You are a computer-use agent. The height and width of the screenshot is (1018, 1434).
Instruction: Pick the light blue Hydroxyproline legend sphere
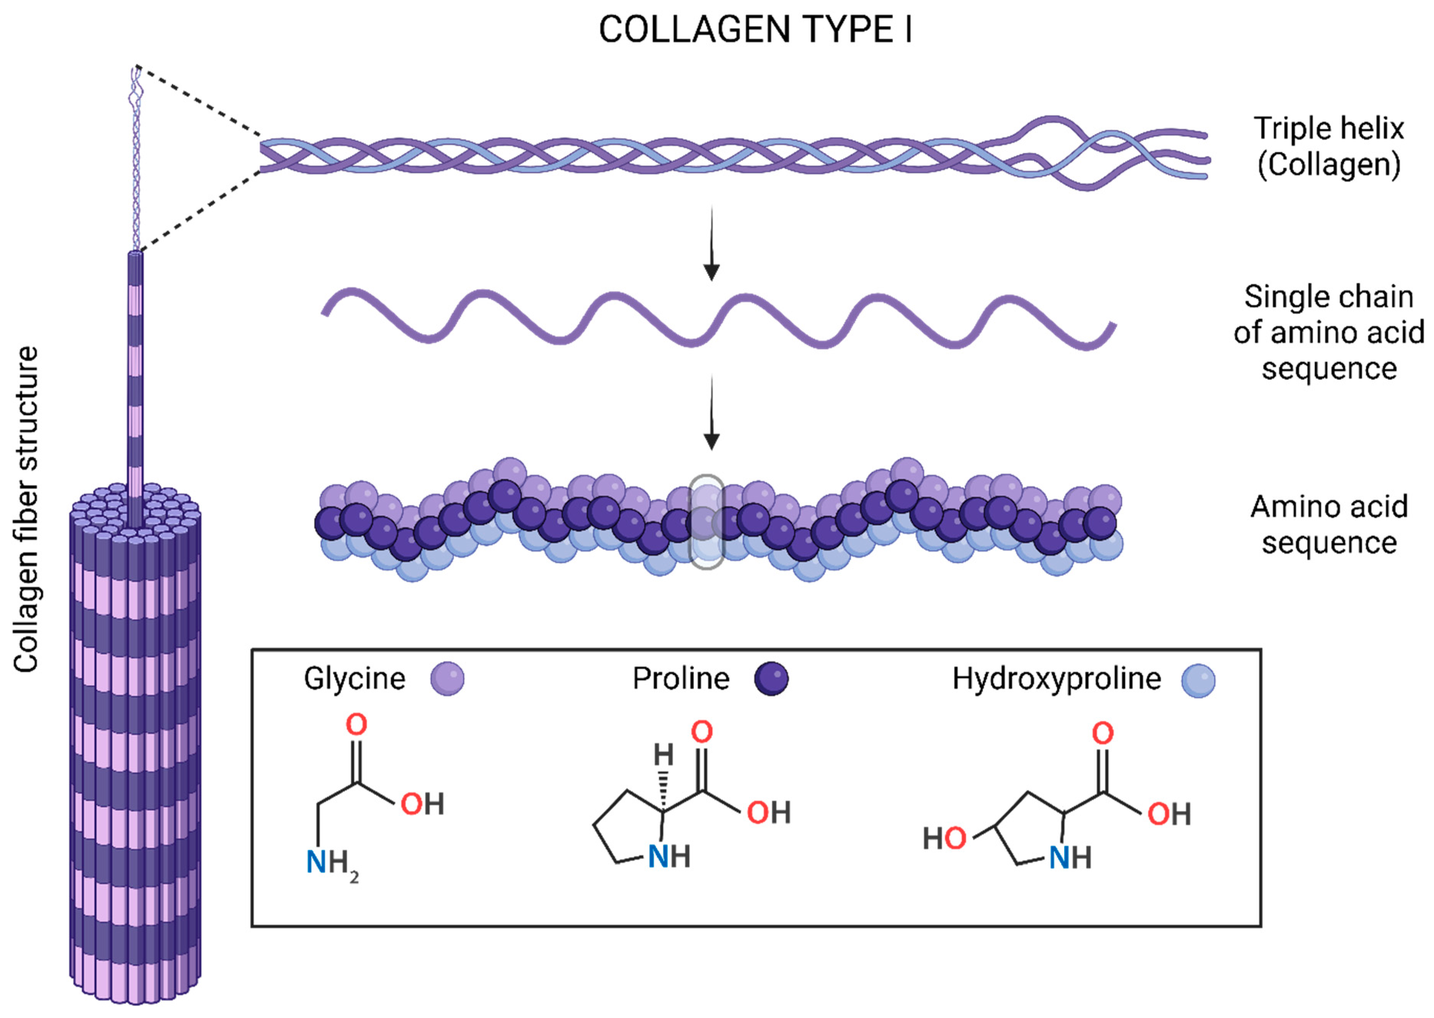point(1198,680)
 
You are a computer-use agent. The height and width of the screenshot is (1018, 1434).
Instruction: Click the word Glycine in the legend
point(355,678)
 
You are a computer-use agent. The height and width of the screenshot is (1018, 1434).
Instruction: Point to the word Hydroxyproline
point(1056,678)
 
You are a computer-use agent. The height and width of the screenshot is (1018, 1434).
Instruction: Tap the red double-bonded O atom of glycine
point(357,725)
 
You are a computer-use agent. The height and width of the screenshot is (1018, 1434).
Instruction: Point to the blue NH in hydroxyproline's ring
point(1070,857)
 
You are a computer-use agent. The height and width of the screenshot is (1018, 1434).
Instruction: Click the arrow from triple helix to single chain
point(711,244)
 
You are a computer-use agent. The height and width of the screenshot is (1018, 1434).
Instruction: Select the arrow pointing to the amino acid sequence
point(711,414)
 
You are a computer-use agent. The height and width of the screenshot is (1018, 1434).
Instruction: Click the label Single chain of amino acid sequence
point(1329,332)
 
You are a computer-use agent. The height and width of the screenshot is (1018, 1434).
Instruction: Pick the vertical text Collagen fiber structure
point(26,509)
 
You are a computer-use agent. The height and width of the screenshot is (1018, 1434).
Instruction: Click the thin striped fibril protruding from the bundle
point(135,376)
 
